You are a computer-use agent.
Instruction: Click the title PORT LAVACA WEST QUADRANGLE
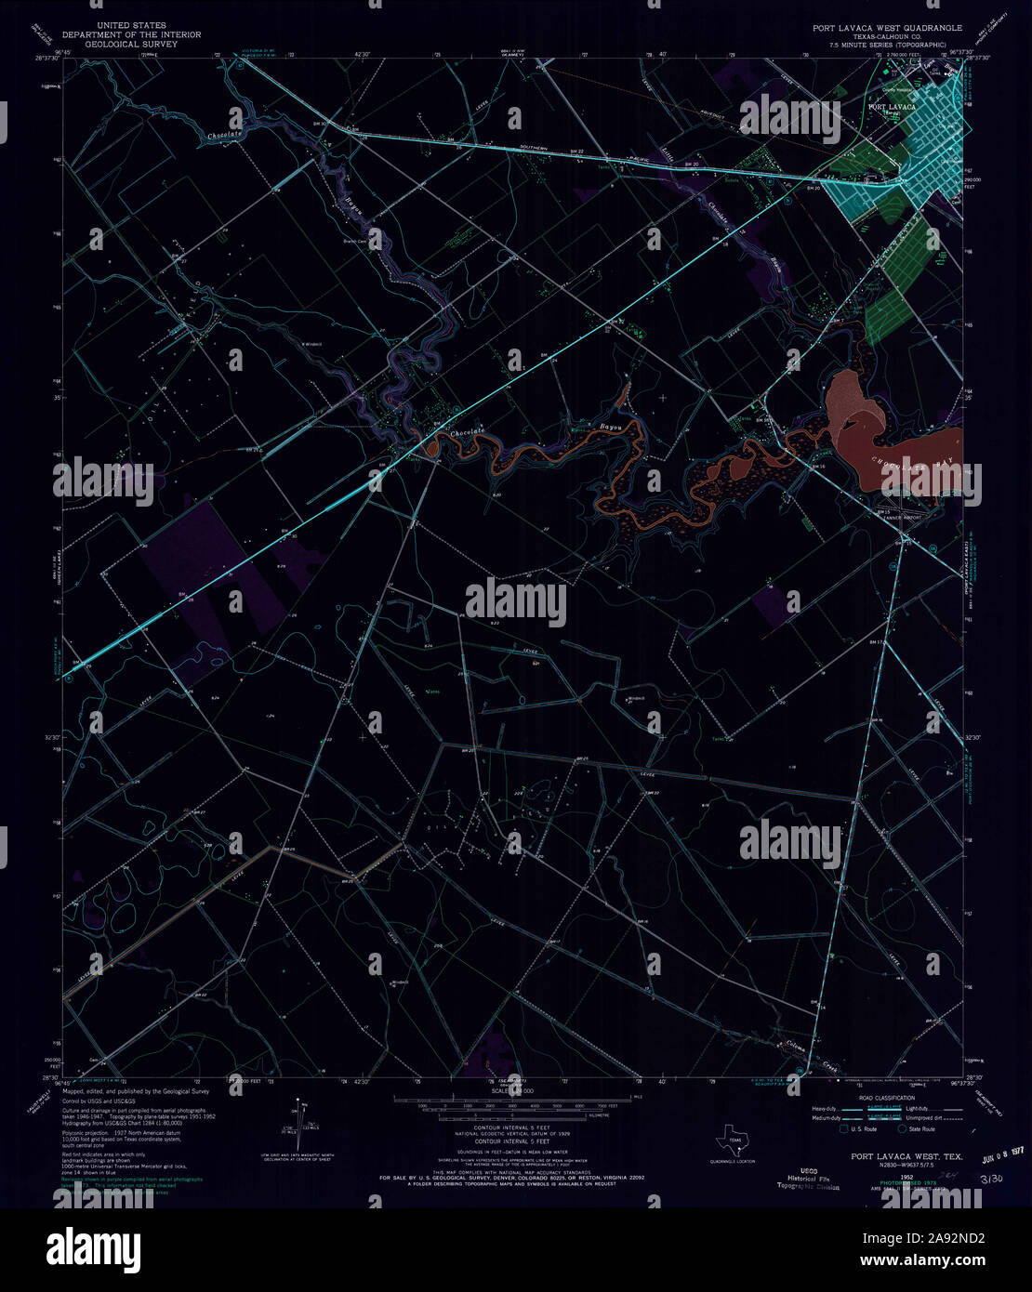point(888,28)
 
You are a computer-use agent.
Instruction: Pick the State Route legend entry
point(917,1129)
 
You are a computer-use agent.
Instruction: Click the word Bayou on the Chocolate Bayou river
point(609,428)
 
